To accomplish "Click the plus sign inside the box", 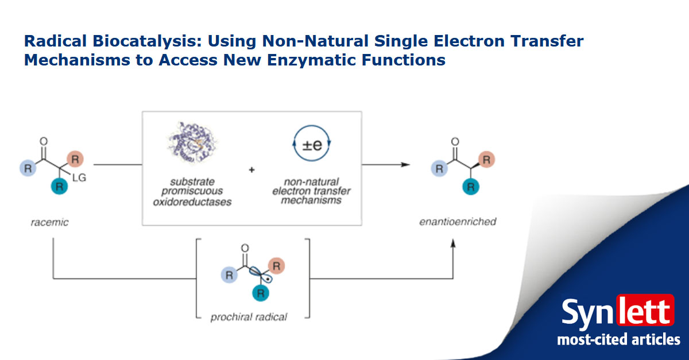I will [x=251, y=170].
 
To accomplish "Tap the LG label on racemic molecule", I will [x=79, y=179].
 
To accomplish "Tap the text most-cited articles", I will [x=618, y=339].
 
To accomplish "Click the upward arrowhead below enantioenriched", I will [x=453, y=244].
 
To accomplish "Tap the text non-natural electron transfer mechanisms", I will [x=312, y=191].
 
